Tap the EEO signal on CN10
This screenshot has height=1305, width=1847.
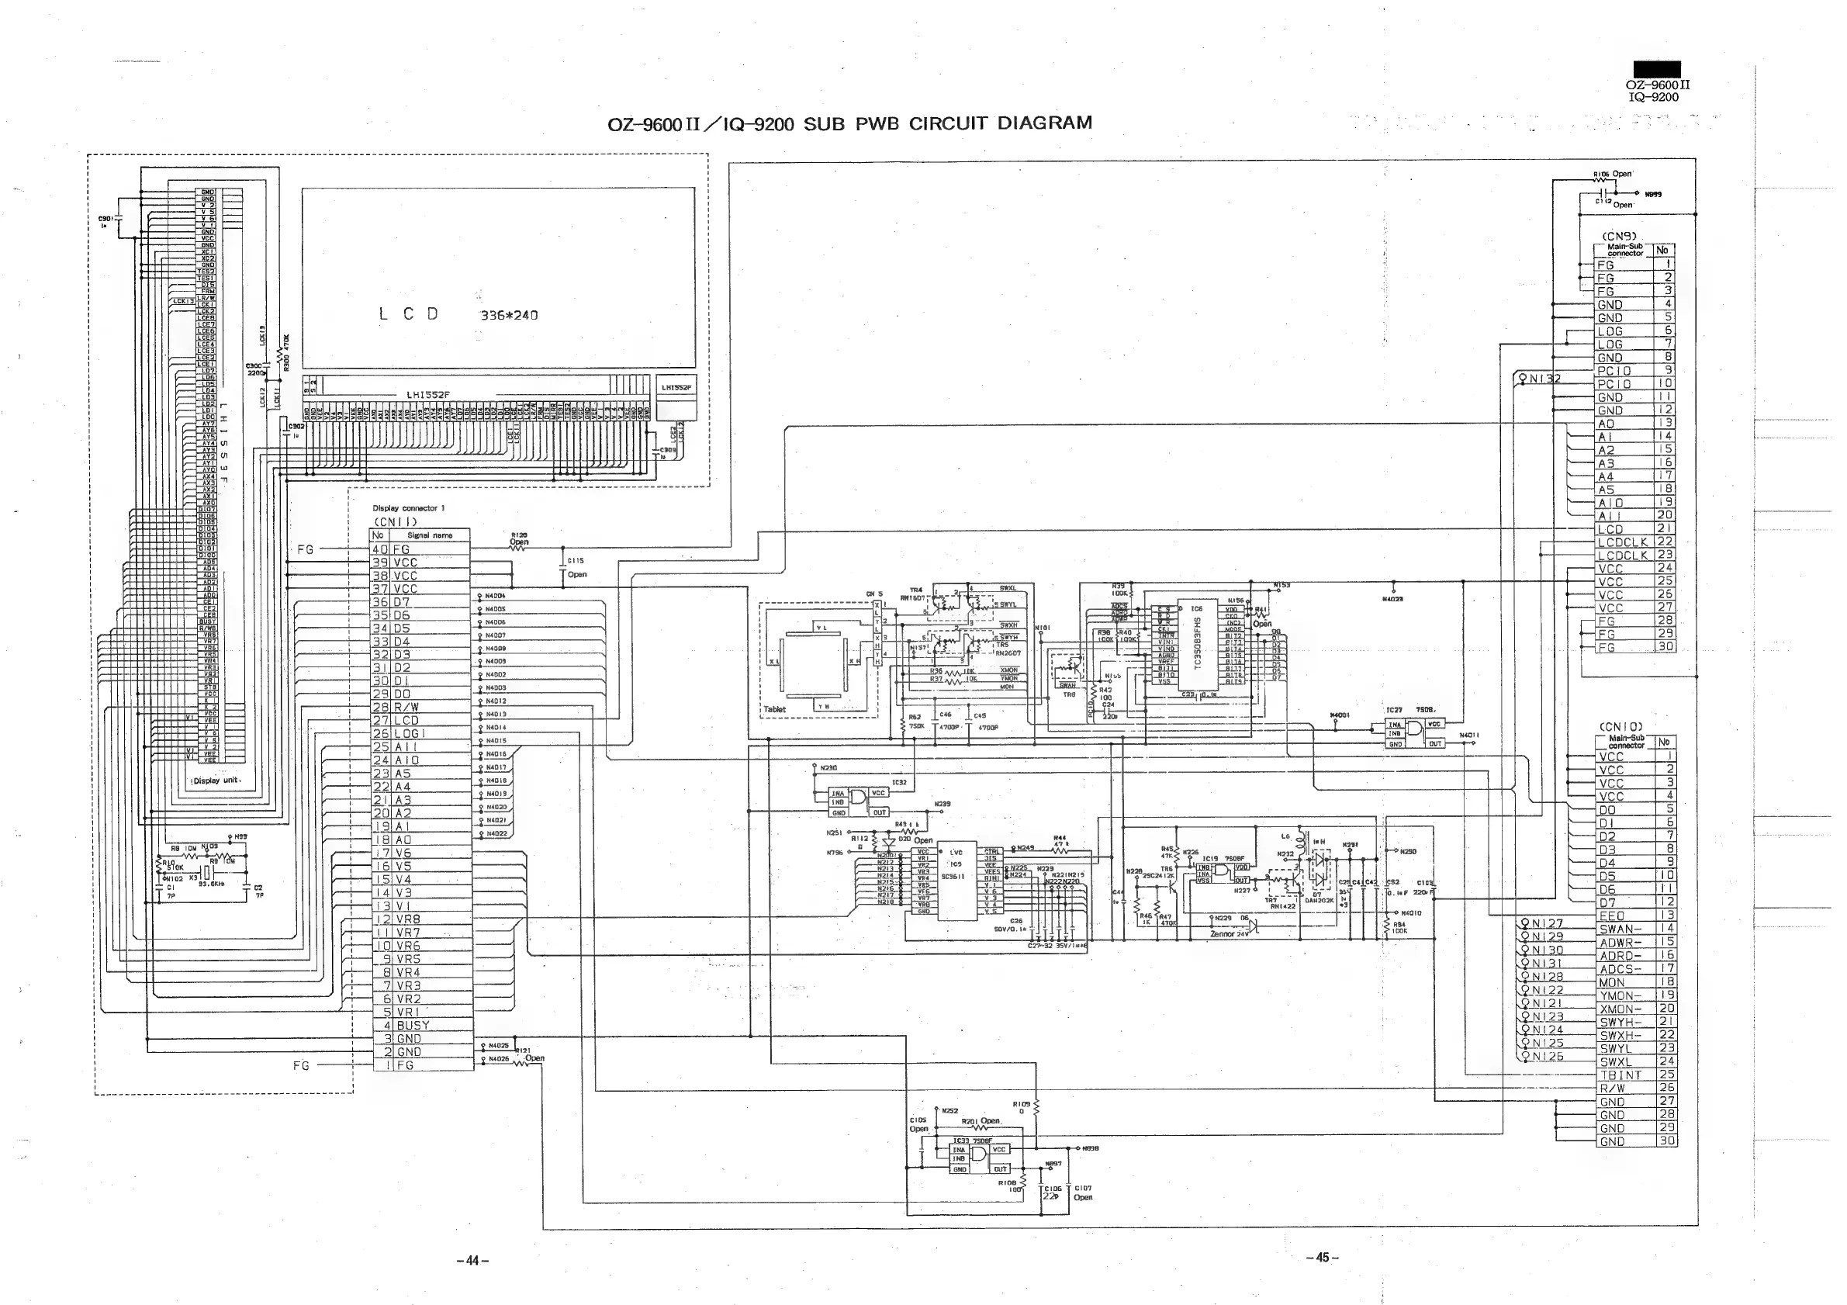click(1611, 916)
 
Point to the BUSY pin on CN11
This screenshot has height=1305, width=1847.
click(413, 1026)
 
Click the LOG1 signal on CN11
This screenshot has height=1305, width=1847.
click(410, 734)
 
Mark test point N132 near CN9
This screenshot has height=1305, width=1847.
click(1541, 378)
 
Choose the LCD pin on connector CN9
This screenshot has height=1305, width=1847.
click(1610, 529)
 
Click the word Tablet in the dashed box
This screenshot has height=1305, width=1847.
click(775, 710)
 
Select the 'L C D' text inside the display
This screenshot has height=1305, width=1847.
click(409, 314)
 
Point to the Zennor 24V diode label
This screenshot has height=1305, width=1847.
click(1230, 934)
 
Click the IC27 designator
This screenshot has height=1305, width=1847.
click(1394, 711)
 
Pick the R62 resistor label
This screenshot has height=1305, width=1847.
click(915, 717)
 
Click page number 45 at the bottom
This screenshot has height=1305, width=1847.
click(1322, 1258)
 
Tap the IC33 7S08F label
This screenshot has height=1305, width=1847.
click(973, 1141)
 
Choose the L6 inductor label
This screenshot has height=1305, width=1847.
click(1285, 836)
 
